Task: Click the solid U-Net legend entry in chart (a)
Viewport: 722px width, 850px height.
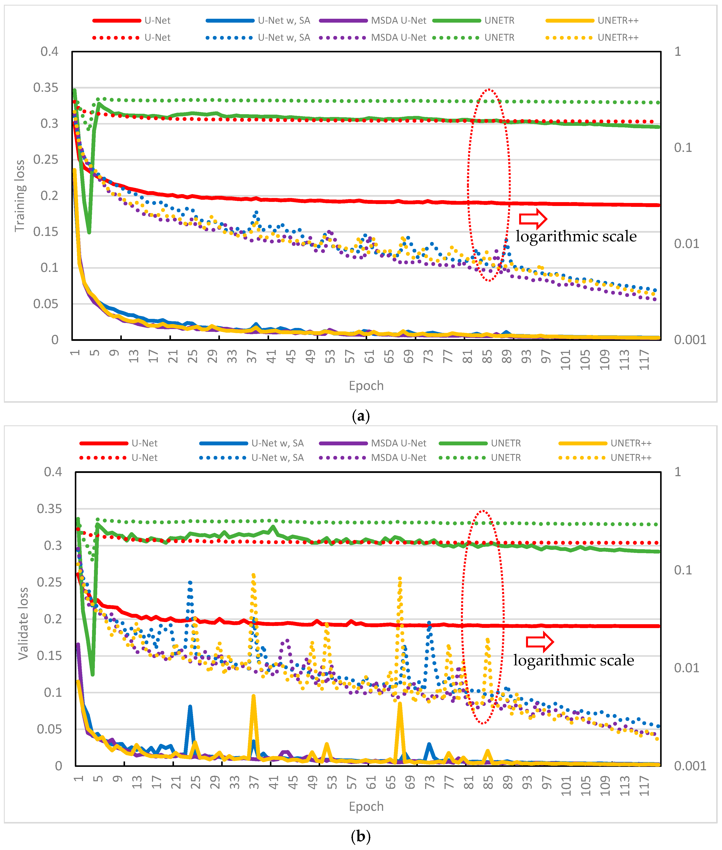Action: tap(131, 20)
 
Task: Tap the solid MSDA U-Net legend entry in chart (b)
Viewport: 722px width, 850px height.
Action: tap(373, 443)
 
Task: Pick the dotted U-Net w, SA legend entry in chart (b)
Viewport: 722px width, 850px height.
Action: tap(252, 457)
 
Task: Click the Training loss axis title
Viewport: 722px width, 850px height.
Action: tap(20, 195)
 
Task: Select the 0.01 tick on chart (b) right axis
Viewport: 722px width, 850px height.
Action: tap(686, 668)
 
